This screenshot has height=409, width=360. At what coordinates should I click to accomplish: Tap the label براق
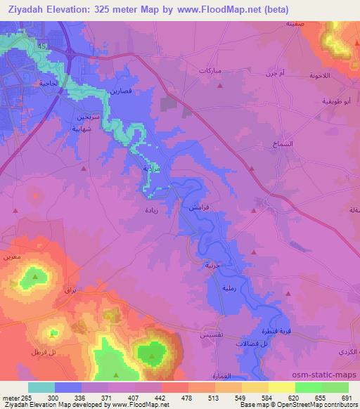(69, 290)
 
